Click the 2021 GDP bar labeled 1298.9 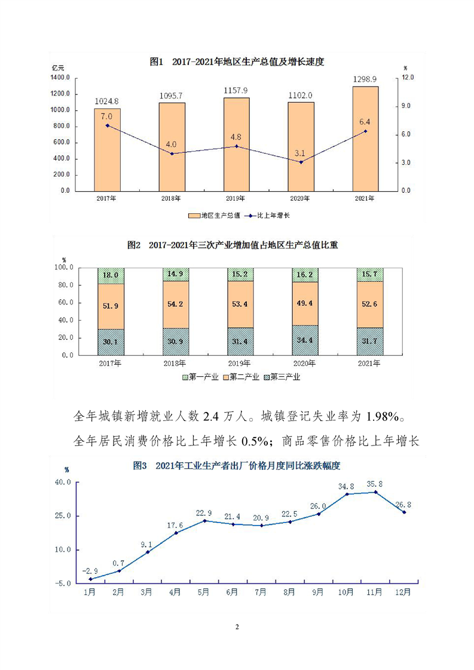[x=365, y=139]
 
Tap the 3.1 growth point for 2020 [x=301, y=162]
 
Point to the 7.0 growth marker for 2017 [x=107, y=125]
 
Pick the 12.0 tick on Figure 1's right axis [x=408, y=78]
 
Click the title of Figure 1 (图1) [x=237, y=62]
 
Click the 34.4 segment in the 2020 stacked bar [x=305, y=340]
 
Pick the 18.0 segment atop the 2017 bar [x=111, y=275]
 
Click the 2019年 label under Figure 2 [x=241, y=363]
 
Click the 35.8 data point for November [x=376, y=492]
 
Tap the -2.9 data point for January [x=90, y=579]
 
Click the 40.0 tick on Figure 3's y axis [x=63, y=482]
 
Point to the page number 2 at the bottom [x=237, y=627]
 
